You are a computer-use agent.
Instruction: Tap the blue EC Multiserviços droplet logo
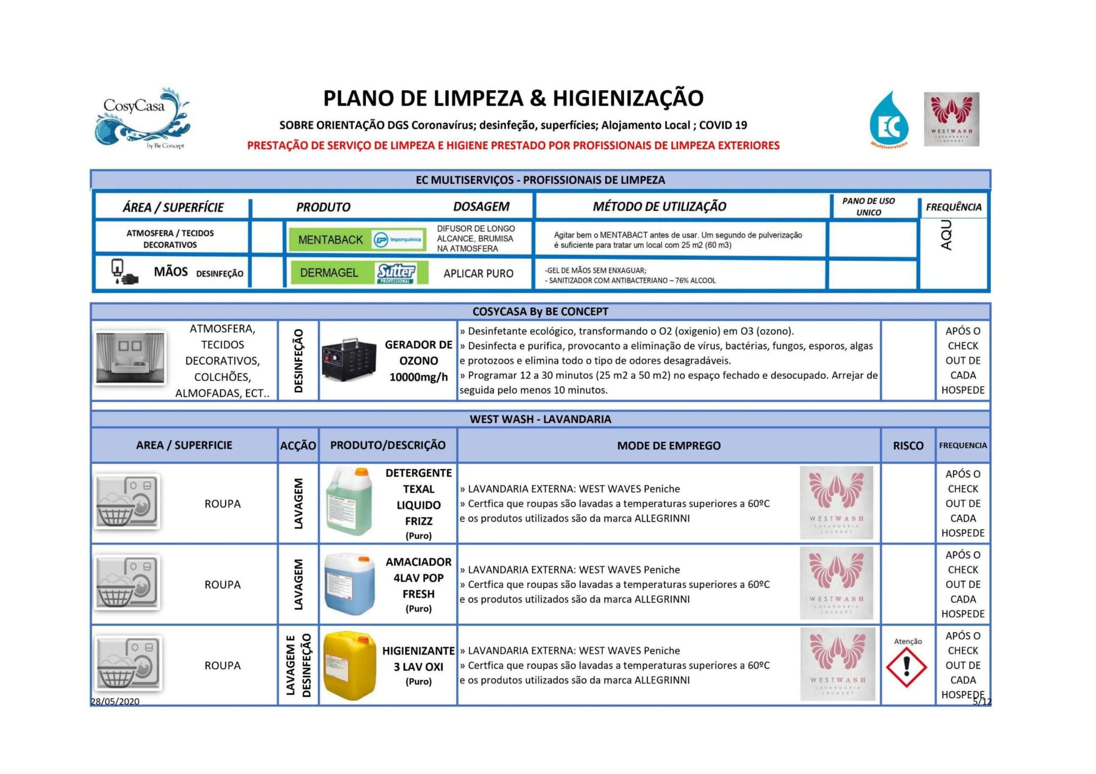point(889,119)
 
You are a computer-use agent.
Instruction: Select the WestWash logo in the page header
point(951,119)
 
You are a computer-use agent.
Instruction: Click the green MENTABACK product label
point(331,240)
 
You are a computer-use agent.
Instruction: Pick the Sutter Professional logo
point(396,273)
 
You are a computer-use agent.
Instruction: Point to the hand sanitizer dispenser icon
point(123,272)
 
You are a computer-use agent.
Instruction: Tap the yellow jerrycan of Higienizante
point(349,666)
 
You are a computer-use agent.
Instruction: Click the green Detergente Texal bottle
point(348,501)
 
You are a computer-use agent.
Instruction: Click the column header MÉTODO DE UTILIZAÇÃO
point(659,207)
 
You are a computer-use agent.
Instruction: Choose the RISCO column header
point(908,446)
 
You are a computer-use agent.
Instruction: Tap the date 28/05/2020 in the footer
point(115,701)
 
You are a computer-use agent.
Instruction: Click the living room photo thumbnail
point(130,358)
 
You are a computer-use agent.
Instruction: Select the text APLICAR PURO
point(478,273)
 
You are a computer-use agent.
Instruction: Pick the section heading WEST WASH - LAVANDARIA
point(540,419)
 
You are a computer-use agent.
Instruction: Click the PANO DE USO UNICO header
point(868,207)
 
